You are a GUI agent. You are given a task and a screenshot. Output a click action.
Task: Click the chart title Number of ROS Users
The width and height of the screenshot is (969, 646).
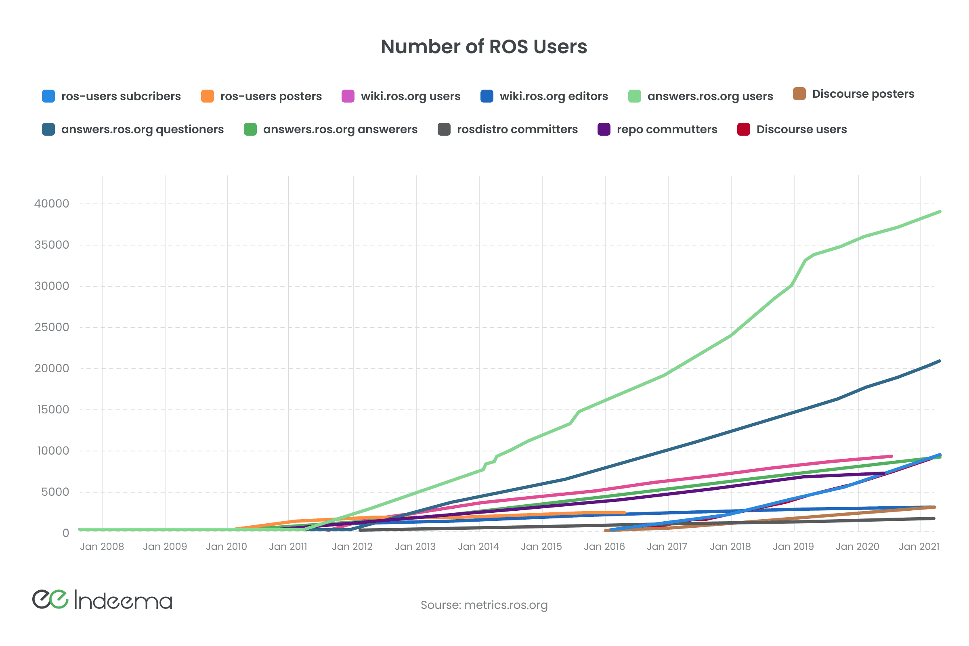484,46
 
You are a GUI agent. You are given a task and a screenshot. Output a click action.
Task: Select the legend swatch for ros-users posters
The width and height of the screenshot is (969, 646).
207,96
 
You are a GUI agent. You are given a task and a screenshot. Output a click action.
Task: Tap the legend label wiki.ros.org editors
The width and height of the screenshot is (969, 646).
553,96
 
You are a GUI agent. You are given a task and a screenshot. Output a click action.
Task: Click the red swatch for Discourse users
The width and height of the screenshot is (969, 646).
743,129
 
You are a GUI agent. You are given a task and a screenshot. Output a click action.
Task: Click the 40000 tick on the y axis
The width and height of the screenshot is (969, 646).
52,203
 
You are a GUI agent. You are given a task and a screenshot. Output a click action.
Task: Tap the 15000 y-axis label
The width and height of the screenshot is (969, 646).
53,409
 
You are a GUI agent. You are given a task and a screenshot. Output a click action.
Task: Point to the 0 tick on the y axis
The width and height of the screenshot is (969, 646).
65,533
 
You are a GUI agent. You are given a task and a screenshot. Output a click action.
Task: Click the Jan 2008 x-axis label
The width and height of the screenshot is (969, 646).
102,547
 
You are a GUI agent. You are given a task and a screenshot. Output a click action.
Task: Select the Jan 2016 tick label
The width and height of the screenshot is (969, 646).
604,547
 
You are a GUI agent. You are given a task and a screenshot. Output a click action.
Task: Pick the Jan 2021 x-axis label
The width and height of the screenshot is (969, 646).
919,547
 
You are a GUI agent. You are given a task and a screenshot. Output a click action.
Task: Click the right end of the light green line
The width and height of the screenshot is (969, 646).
940,212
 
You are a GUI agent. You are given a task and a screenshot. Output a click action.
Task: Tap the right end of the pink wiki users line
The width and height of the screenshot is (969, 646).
891,456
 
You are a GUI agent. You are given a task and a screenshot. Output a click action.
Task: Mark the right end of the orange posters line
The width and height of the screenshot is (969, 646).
625,513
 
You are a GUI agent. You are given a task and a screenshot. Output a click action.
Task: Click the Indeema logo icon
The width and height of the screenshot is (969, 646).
50,599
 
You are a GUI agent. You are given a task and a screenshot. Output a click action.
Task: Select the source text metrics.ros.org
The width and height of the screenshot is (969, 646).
505,605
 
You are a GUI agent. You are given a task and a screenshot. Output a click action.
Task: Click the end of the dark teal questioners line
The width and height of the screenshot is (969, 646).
940,361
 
